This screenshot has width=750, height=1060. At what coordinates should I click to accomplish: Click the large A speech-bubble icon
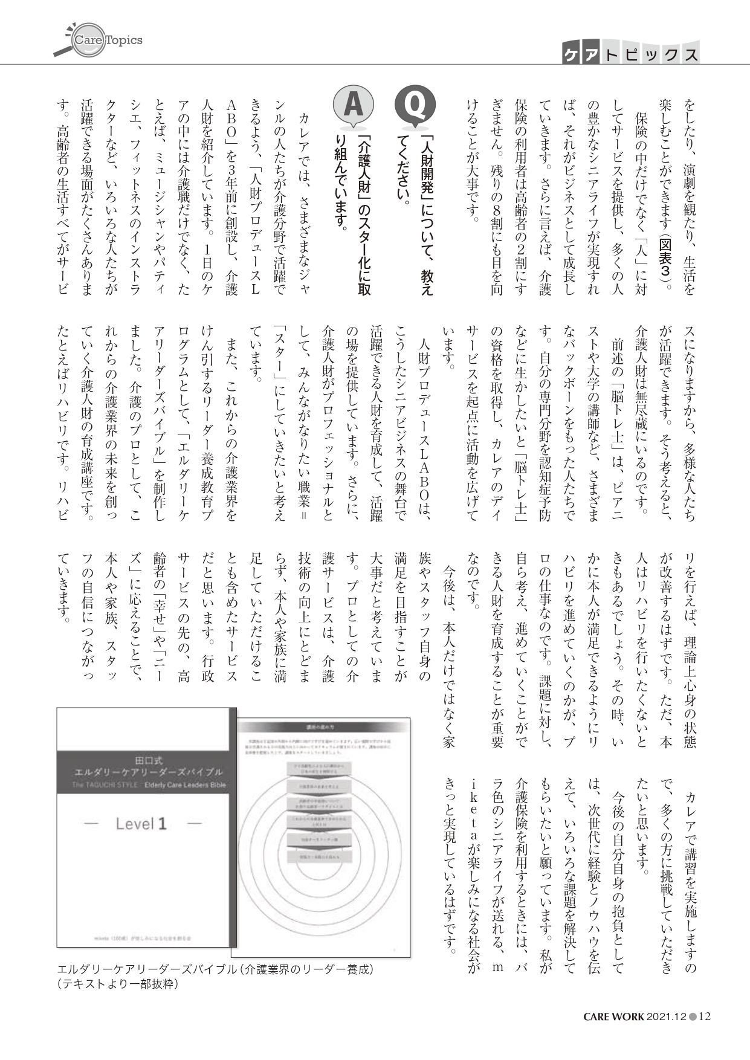[x=353, y=108]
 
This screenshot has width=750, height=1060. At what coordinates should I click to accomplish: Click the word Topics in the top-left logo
[x=124, y=40]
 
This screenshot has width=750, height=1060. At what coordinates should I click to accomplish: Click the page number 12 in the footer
[x=704, y=1016]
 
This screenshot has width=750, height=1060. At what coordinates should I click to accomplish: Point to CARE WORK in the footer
[x=613, y=1016]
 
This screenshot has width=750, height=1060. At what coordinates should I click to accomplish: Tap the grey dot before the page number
[x=693, y=1016]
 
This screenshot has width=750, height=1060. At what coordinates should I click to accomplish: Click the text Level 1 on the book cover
[x=141, y=824]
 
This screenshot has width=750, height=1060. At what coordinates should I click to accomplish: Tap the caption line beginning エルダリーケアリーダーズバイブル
[x=216, y=969]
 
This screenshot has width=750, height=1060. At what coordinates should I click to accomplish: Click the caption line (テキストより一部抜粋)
[x=118, y=983]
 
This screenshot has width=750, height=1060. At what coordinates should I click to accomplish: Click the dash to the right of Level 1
[x=195, y=824]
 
